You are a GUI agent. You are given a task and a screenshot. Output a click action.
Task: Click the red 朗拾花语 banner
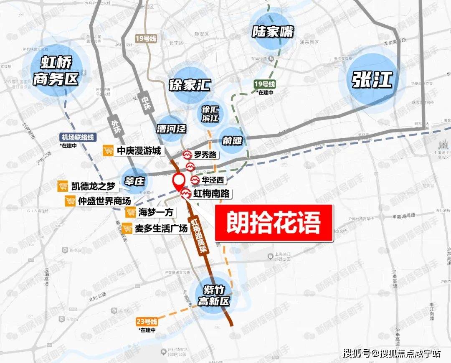(x=274, y=223)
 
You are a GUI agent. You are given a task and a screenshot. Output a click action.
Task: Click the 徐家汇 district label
(x=189, y=86)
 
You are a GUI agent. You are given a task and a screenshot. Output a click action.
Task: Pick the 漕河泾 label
(x=171, y=128)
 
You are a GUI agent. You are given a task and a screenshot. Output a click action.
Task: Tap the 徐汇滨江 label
(x=210, y=114)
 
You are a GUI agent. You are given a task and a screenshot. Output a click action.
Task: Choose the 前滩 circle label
(x=232, y=141)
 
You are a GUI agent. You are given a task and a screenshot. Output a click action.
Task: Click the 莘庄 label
(x=134, y=181)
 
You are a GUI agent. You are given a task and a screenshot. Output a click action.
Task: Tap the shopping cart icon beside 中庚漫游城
(x=109, y=151)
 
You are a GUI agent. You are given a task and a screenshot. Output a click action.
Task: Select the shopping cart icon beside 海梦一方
(x=131, y=213)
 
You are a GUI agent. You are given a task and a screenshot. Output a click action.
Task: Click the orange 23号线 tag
(x=147, y=322)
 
